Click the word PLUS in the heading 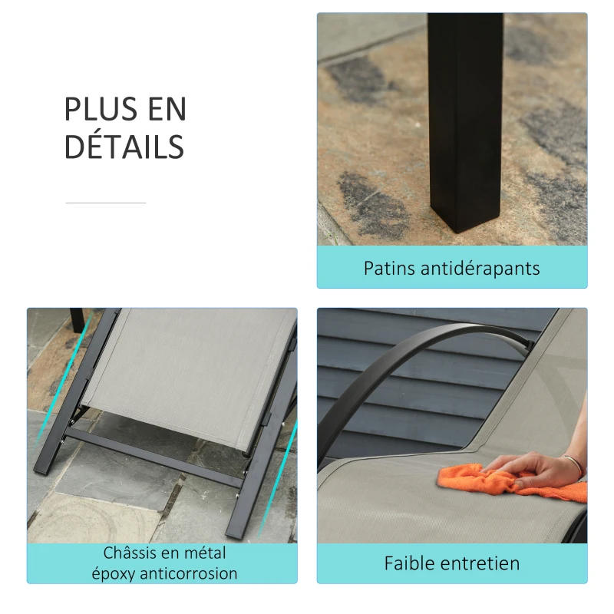96,110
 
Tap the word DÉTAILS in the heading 124,147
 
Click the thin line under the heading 105,203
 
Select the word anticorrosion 190,573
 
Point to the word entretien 482,563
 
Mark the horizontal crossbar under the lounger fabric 153,458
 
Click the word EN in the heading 167,110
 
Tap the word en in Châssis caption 170,553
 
